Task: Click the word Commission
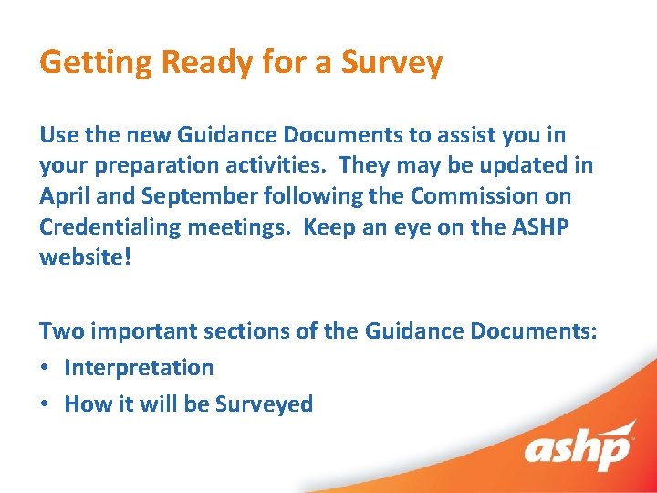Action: click(468, 195)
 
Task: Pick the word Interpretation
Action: click(139, 368)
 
